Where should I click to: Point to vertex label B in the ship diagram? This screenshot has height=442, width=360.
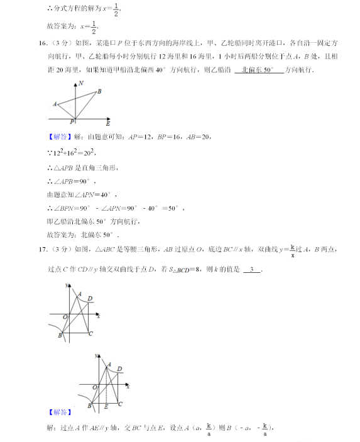(99, 92)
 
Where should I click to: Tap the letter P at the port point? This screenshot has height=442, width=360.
(72, 121)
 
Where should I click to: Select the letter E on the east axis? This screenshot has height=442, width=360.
(107, 123)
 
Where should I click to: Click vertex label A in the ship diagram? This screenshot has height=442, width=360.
(55, 104)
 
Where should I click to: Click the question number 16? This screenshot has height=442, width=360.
(43, 43)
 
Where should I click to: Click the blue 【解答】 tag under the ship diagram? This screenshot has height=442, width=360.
(59, 135)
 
